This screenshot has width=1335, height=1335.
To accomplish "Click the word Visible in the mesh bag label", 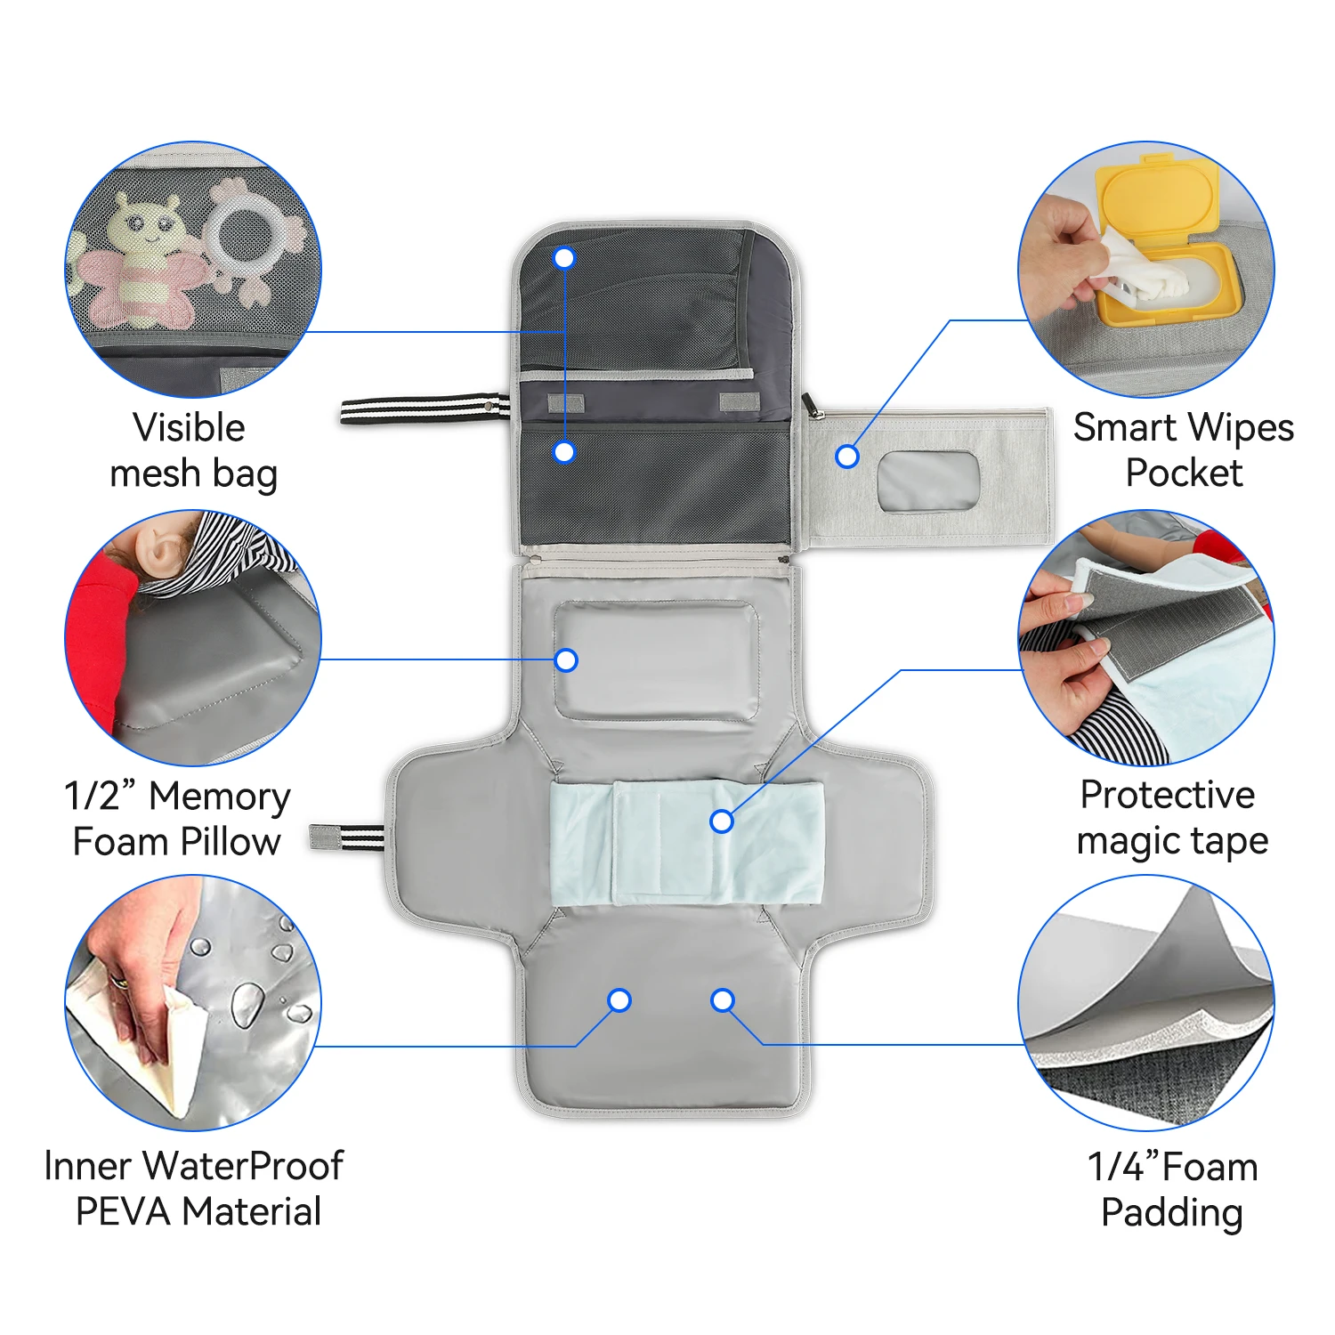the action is click(189, 428).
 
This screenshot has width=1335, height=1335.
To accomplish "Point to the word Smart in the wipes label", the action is click(1125, 428).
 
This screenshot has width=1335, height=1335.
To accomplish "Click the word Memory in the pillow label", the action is click(219, 797).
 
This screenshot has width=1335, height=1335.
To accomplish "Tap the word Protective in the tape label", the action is click(1167, 795).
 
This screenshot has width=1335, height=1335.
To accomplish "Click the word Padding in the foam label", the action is click(1171, 1213).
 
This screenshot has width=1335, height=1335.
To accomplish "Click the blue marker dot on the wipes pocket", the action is click(847, 457).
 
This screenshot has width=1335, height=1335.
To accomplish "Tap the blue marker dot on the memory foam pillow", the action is click(566, 660).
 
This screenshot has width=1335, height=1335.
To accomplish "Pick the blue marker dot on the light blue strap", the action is click(722, 821).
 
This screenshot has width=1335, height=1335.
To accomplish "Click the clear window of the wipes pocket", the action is click(928, 481).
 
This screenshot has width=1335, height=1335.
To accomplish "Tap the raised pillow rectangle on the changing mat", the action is click(656, 660).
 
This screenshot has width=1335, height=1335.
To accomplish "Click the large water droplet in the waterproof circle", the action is click(247, 1004).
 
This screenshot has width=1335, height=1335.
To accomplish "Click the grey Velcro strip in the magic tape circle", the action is click(1175, 623).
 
